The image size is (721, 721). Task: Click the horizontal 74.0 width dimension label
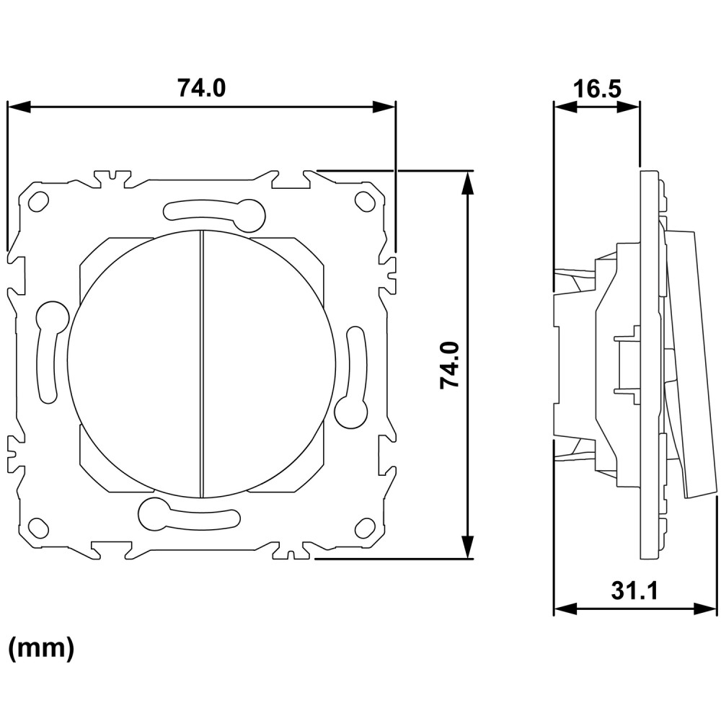tap(201, 88)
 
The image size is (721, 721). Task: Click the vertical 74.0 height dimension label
tap(450, 365)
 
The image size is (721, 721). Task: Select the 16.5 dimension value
tap(597, 89)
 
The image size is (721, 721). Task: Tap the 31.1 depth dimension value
tap(634, 590)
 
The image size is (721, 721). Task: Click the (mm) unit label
tap(41, 648)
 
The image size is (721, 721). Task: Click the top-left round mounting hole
tap(39, 201)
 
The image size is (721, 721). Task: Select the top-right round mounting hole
tap(364, 200)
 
